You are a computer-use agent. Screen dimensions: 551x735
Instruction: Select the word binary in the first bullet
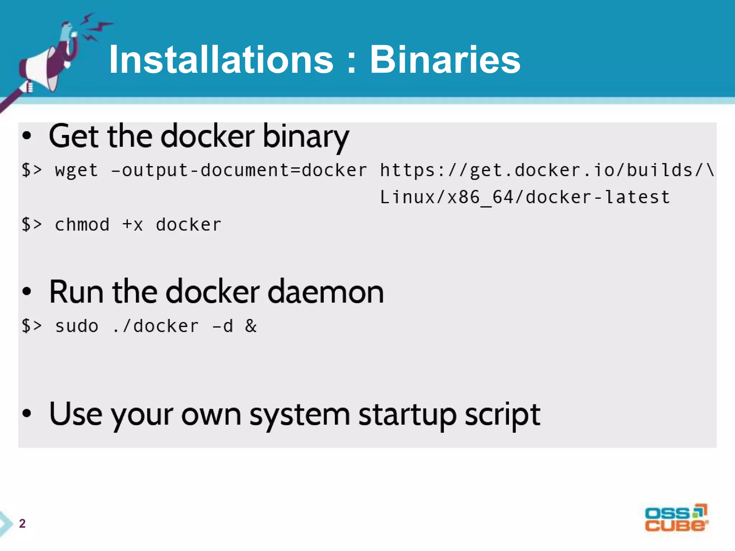[306, 137]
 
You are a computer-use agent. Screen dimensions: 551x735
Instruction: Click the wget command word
[76, 170]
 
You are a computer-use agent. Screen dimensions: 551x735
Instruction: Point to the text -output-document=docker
[239, 170]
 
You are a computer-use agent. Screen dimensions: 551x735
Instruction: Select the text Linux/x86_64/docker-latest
[525, 197]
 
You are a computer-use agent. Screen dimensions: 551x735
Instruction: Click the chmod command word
[82, 225]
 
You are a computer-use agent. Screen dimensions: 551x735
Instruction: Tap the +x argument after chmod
[132, 225]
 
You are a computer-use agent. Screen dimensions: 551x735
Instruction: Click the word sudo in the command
[76, 326]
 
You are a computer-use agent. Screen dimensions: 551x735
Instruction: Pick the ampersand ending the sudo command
[251, 326]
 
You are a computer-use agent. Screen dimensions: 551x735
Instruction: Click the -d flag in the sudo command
[223, 326]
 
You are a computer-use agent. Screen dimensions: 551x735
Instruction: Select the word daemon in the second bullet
[326, 292]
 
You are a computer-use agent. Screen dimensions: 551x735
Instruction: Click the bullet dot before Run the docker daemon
[27, 292]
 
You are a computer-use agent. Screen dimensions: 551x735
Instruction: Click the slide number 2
[22, 523]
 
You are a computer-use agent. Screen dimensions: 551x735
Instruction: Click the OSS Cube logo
[676, 518]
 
